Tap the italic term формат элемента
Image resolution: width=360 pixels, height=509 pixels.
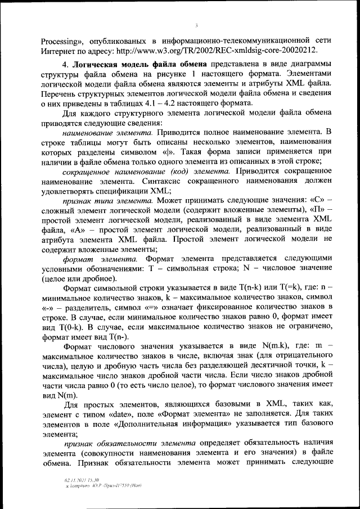tap(100, 258)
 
